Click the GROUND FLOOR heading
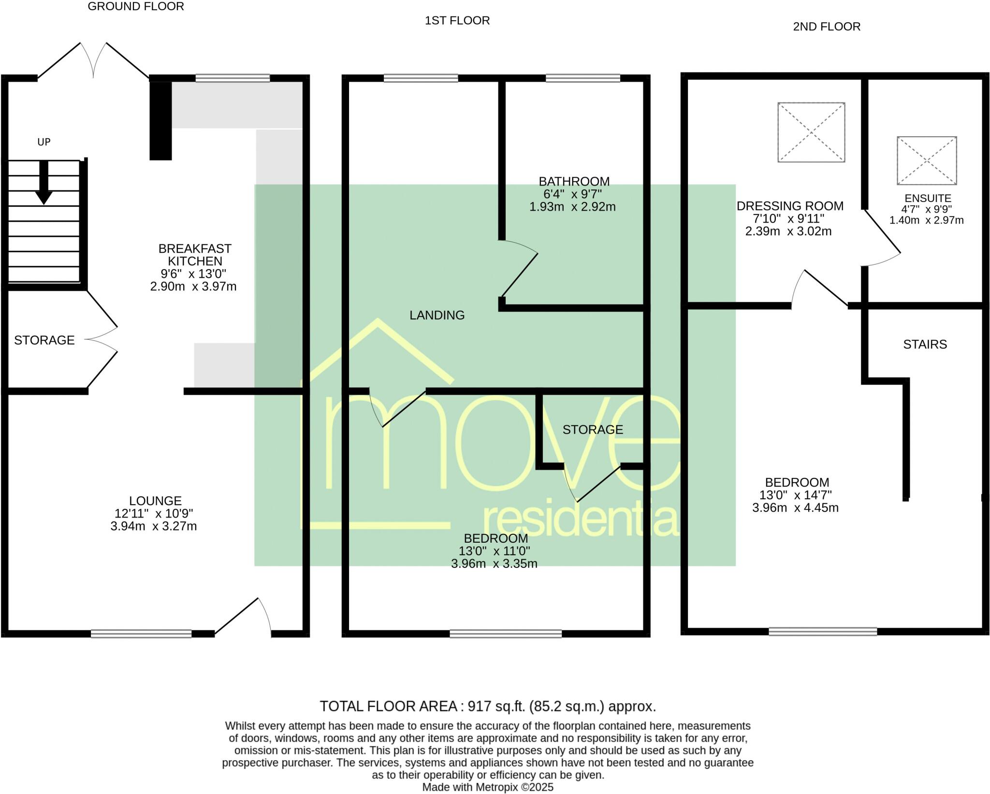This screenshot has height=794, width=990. (136, 6)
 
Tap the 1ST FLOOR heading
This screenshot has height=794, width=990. (457, 20)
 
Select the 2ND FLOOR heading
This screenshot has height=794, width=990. (827, 27)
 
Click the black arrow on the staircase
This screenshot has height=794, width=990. (44, 183)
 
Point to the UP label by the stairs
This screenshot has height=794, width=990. (44, 142)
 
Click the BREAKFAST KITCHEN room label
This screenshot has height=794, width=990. (195, 255)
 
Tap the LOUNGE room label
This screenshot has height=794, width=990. (155, 501)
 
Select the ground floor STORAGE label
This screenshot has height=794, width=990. (44, 340)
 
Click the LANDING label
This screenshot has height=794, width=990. (437, 315)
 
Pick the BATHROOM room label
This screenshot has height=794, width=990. (574, 181)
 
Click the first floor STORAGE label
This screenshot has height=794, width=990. (593, 430)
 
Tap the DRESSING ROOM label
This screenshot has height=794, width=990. (790, 206)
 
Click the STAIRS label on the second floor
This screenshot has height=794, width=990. (925, 344)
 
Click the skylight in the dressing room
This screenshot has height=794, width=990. (811, 132)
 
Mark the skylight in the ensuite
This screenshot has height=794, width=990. (927, 160)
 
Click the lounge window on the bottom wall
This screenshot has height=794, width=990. (141, 634)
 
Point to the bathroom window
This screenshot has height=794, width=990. (583, 78)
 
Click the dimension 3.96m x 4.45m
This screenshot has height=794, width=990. (795, 507)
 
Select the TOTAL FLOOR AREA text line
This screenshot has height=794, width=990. (488, 707)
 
